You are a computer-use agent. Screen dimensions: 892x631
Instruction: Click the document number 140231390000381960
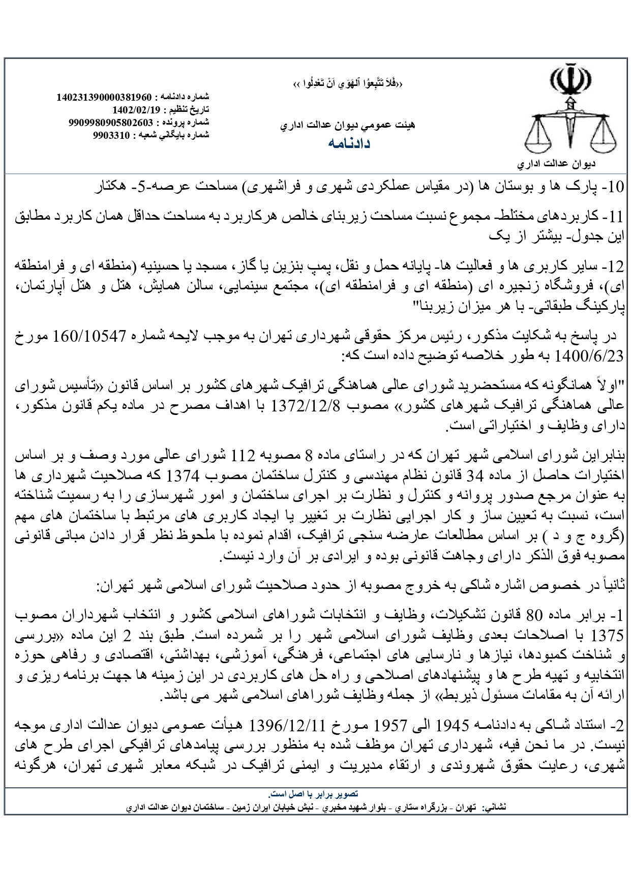(x=108, y=97)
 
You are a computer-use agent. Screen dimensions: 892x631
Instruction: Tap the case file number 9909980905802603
(x=110, y=123)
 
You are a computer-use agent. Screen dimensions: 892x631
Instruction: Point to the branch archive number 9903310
(x=112, y=135)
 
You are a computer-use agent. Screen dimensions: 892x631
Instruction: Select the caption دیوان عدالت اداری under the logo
(x=556, y=165)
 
